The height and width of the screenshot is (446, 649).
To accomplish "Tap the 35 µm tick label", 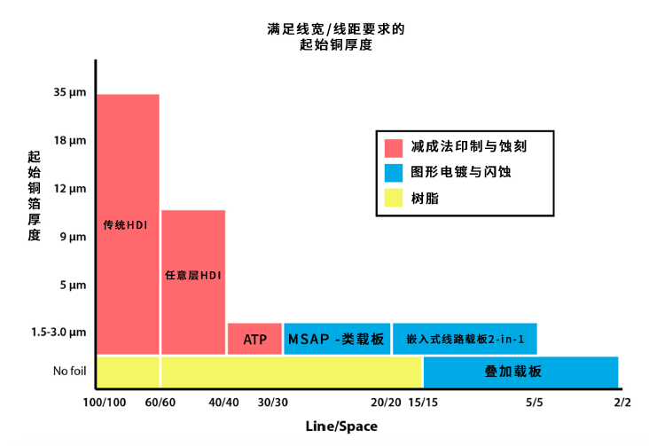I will coord(68,92).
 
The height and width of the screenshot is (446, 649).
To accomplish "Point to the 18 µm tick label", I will coord(68,140).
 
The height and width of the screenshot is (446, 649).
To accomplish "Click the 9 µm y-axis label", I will coord(71,237).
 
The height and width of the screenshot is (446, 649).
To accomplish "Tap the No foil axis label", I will coord(69,371).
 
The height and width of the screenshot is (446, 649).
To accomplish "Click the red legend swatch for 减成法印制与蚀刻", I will coord(395,146).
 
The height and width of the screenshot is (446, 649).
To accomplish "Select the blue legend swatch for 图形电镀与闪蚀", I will coord(395,172).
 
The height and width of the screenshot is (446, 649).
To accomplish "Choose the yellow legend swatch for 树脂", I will coord(395,199).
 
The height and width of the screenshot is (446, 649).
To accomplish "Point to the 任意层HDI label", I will coord(192,276).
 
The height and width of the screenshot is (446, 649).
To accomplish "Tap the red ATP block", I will coord(254,340).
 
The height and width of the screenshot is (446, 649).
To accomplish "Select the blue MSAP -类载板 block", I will coord(336,340).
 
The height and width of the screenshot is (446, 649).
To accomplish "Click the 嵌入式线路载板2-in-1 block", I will coord(464,340).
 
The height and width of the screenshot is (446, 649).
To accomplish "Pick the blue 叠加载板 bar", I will coord(520,372).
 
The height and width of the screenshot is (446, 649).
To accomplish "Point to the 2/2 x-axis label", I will coord(621,403).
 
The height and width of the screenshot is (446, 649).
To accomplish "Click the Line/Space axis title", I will coord(341,426).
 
